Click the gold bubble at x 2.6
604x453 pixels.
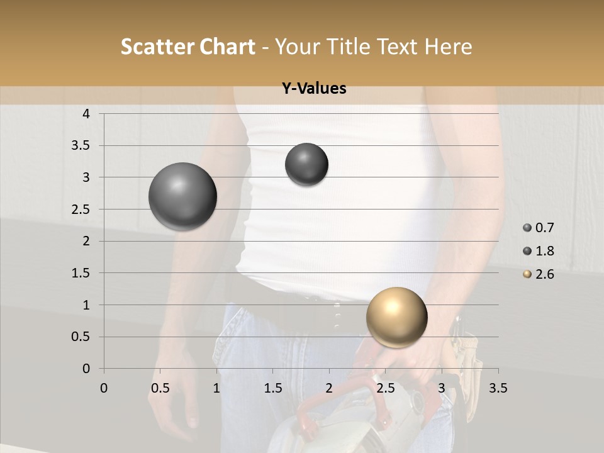coord(396,317)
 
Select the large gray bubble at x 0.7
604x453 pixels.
coord(182,196)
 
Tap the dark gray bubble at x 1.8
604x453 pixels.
coord(306,164)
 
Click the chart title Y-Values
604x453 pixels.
coord(313,89)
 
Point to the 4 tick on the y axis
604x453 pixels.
coord(87,114)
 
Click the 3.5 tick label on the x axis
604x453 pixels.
coord(498,388)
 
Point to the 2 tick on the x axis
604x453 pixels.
coord(329,388)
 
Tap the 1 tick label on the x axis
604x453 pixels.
coord(216,388)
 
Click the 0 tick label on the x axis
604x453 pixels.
coord(104,388)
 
